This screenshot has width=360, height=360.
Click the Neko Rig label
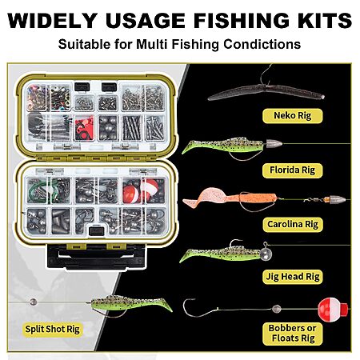293,116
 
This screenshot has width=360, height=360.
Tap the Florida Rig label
293,170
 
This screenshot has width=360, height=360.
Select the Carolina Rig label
293,224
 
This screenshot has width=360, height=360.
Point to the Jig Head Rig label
293,277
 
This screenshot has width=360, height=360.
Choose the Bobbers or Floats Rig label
293,334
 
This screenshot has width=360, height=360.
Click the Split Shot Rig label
52,329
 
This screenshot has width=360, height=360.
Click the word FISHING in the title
242,20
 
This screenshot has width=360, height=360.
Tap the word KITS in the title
324,20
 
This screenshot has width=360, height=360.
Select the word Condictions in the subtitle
262,44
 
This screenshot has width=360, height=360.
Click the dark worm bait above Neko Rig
266,92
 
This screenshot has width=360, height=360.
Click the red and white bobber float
332,310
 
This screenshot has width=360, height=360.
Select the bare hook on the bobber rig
200,308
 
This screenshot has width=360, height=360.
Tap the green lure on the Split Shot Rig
130,304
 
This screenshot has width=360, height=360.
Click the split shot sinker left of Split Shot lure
33,302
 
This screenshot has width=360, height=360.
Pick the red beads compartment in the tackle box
84,128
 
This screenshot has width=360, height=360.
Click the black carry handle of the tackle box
96,257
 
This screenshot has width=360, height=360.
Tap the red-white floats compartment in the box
144,190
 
